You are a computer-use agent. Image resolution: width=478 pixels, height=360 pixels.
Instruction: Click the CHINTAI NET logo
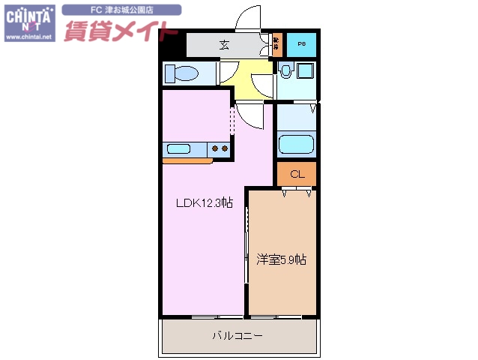[x=29, y=16]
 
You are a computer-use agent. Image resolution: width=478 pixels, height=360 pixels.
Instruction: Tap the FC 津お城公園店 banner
[x=121, y=10]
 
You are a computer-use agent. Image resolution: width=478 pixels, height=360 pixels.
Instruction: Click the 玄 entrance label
[x=224, y=44]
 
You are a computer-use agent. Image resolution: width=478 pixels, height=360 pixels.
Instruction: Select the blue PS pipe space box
[x=301, y=44]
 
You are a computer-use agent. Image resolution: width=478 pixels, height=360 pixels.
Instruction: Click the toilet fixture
[x=181, y=73]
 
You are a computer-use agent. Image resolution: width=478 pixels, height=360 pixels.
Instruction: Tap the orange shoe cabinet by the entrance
[x=276, y=45]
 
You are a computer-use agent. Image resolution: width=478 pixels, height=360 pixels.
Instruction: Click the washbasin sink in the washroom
[x=285, y=72]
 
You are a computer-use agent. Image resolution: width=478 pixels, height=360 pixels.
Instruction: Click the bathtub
[x=297, y=143]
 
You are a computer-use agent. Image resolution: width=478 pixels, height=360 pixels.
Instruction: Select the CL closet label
[x=297, y=174]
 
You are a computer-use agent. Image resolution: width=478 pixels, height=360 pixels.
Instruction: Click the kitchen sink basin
[x=180, y=148]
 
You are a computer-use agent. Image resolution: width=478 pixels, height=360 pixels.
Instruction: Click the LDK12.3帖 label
[x=205, y=203]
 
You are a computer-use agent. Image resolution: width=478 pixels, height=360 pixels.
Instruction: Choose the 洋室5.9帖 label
[x=282, y=259]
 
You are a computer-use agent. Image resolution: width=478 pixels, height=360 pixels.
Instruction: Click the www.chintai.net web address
[x=29, y=36]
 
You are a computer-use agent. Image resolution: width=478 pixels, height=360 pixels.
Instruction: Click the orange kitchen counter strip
[x=187, y=160]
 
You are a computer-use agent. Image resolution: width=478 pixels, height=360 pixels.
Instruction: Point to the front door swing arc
[x=247, y=18]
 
